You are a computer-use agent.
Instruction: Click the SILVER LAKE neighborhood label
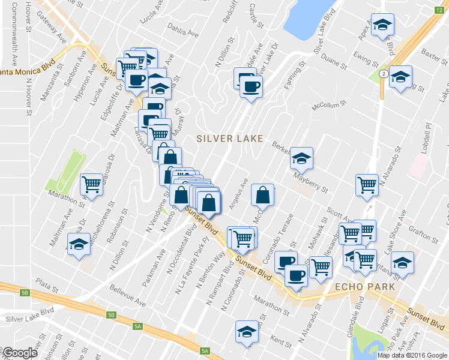230,139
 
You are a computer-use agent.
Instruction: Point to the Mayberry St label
310,183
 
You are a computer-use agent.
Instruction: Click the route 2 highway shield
382,73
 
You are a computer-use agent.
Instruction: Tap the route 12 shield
439,10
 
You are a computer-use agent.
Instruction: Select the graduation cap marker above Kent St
246,331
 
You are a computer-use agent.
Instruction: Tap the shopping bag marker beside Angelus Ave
262,194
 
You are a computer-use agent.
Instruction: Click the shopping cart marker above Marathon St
91,184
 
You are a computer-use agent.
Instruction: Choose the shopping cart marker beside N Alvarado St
366,185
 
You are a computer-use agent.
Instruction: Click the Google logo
20,353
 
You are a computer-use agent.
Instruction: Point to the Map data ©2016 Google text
412,355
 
